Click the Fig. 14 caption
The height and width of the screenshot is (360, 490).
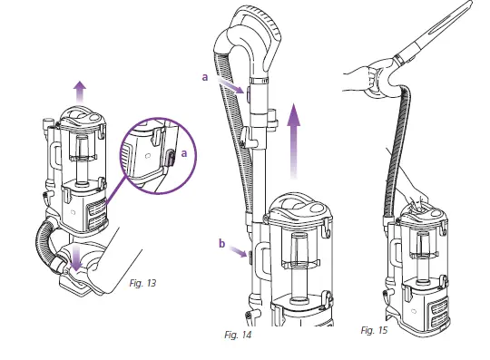click(x=238, y=335)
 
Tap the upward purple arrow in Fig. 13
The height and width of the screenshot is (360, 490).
click(x=80, y=92)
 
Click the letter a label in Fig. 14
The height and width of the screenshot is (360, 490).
click(x=205, y=79)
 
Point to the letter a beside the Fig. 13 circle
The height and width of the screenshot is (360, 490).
click(x=184, y=154)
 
